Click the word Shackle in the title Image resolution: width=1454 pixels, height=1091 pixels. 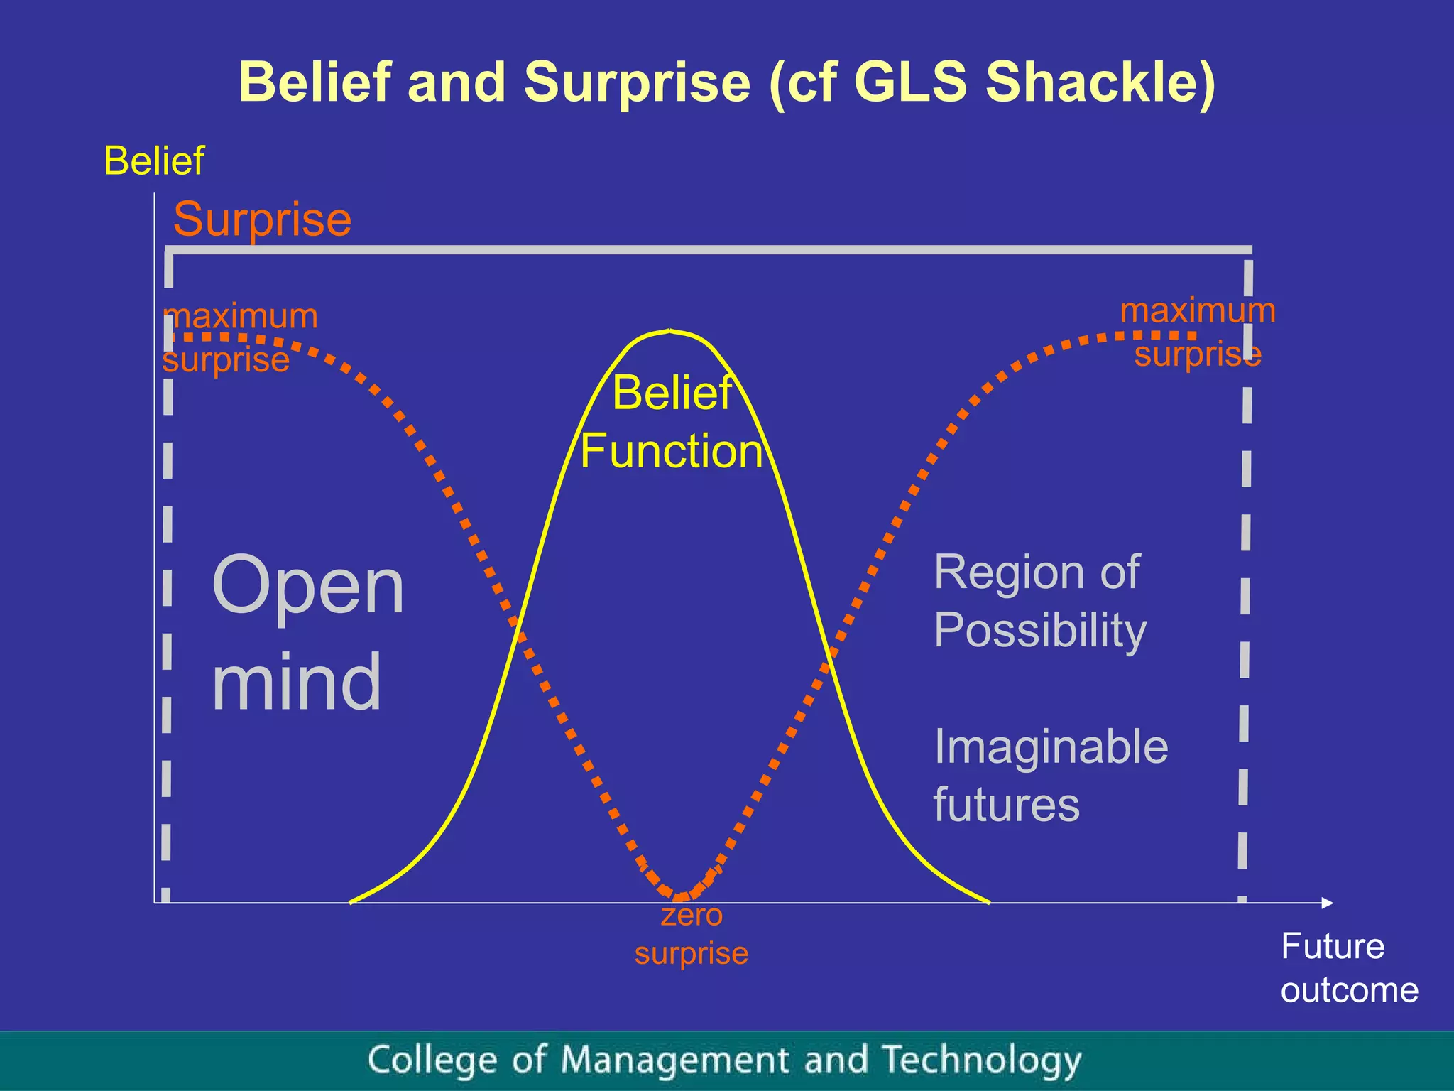(1100, 82)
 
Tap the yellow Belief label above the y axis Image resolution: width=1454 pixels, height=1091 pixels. (154, 161)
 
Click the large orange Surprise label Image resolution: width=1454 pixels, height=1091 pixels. (262, 219)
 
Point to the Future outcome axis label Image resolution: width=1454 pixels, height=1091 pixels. (1348, 968)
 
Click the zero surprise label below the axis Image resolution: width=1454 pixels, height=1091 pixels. (692, 934)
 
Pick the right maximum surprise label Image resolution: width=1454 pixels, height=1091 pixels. (1198, 332)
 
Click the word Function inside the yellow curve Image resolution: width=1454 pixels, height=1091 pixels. (672, 452)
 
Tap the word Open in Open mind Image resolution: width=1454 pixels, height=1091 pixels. (308, 587)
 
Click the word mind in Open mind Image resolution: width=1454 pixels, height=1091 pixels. (297, 682)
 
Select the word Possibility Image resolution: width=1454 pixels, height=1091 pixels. (1040, 630)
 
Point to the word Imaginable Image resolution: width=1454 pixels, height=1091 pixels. (1051, 747)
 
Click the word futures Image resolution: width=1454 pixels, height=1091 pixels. (1006, 805)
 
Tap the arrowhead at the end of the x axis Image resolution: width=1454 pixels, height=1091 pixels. (1328, 903)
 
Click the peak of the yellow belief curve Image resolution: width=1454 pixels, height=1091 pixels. (669, 331)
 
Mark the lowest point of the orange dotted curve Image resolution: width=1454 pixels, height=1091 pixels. (680, 897)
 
